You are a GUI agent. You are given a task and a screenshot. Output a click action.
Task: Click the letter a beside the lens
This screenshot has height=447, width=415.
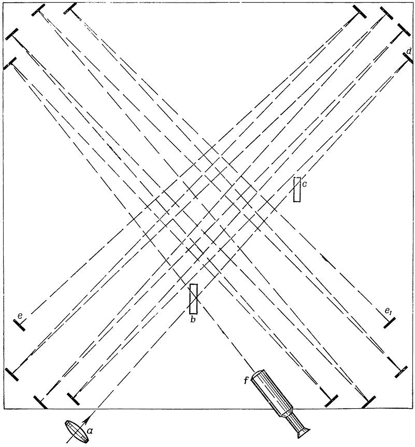[90, 432]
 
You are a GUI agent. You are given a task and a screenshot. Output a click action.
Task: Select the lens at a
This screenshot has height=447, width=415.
[76, 431]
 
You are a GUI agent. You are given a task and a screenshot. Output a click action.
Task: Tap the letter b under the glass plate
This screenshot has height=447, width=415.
[193, 320]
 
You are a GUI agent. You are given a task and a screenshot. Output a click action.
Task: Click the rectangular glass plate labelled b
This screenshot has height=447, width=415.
[194, 299]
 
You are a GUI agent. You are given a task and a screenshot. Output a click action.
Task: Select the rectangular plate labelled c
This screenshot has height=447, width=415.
[297, 189]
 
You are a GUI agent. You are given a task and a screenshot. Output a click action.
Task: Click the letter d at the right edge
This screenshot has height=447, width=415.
[409, 51]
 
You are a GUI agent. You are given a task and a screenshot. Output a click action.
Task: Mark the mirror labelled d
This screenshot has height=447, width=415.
[408, 59]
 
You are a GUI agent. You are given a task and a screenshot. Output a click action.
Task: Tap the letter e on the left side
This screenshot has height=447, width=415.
[20, 316]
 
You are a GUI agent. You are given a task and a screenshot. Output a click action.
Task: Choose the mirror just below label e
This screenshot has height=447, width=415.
[19, 325]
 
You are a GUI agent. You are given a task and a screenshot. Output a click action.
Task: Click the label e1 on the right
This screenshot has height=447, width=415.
[388, 311]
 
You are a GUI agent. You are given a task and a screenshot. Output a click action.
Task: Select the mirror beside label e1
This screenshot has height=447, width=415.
[389, 323]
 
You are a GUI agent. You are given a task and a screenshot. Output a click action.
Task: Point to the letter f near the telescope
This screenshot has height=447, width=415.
[247, 380]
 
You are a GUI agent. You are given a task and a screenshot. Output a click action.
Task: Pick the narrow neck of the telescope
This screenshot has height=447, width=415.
[292, 420]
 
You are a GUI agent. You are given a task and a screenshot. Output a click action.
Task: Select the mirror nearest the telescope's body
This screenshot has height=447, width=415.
[332, 401]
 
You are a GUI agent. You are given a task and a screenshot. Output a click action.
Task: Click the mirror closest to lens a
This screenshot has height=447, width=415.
[74, 398]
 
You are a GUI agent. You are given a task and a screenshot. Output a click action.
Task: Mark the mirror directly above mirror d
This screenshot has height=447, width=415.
[403, 29]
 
